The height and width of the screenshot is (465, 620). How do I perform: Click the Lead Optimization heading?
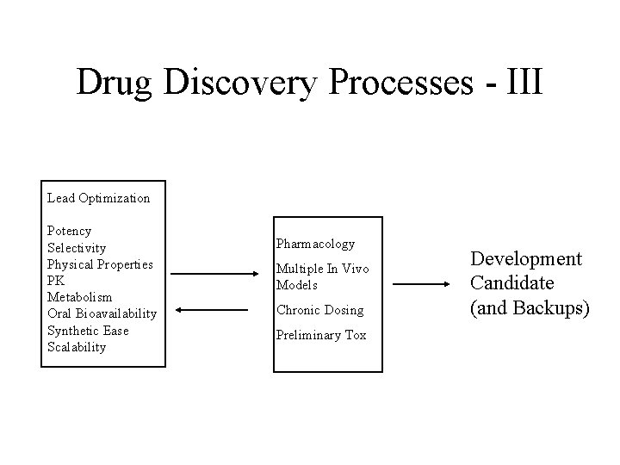(x=98, y=198)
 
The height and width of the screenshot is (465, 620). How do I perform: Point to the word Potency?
(x=70, y=231)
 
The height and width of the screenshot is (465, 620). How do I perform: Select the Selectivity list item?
(x=77, y=247)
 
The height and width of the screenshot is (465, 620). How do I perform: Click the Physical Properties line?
(x=100, y=263)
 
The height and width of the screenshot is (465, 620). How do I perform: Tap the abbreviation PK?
(x=56, y=280)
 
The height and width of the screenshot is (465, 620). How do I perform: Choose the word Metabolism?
(x=79, y=297)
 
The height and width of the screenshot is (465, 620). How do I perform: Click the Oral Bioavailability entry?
(x=102, y=313)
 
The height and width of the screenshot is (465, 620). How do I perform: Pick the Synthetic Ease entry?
(x=88, y=331)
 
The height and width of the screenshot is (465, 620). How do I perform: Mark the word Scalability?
(x=77, y=347)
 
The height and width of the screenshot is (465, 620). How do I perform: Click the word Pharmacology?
(x=315, y=245)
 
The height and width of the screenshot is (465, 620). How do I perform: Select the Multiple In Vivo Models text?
(x=322, y=276)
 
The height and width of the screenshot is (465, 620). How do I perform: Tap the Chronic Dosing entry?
(x=320, y=310)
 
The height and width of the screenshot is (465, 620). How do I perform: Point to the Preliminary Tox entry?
(x=321, y=335)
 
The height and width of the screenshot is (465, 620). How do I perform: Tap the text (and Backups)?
(x=530, y=307)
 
